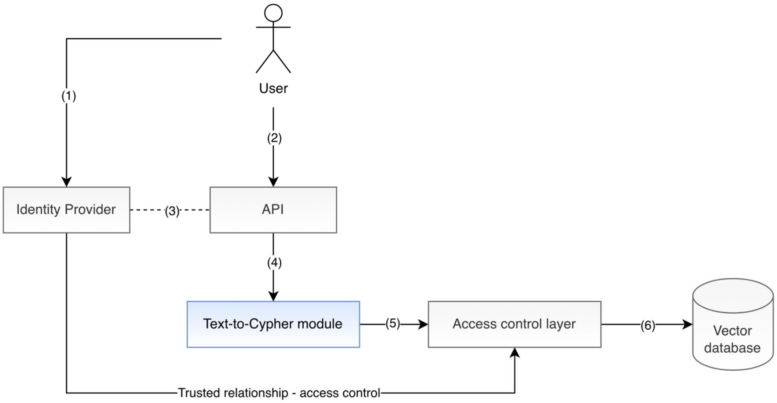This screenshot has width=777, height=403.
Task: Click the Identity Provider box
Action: pyautogui.click(x=66, y=210)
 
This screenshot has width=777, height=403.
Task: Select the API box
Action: pyautogui.click(x=273, y=210)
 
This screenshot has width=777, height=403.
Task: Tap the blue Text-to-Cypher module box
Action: pyautogui.click(x=273, y=324)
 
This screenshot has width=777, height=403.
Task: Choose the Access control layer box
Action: pyautogui.click(x=515, y=324)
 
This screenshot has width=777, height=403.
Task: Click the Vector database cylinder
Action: pyautogui.click(x=733, y=324)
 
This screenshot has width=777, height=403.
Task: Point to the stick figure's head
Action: pyautogui.click(x=273, y=13)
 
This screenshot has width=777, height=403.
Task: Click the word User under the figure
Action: pyautogui.click(x=273, y=88)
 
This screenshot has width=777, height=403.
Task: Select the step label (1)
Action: pyautogui.click(x=69, y=96)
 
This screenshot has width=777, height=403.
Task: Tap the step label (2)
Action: pyautogui.click(x=274, y=138)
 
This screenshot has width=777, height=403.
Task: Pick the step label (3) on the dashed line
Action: pyautogui.click(x=172, y=211)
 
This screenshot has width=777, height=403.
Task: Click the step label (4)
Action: pyautogui.click(x=274, y=263)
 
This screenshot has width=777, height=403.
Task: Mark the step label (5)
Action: pyautogui.click(x=393, y=323)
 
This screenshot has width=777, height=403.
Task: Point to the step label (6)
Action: pyautogui.click(x=648, y=326)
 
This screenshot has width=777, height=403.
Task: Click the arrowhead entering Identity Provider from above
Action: pyautogui.click(x=66, y=182)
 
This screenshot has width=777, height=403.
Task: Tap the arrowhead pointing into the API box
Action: pyautogui.click(x=273, y=182)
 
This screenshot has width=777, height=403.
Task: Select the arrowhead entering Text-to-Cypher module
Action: pyautogui.click(x=273, y=296)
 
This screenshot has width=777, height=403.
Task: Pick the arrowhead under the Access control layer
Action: pyautogui.click(x=515, y=353)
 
